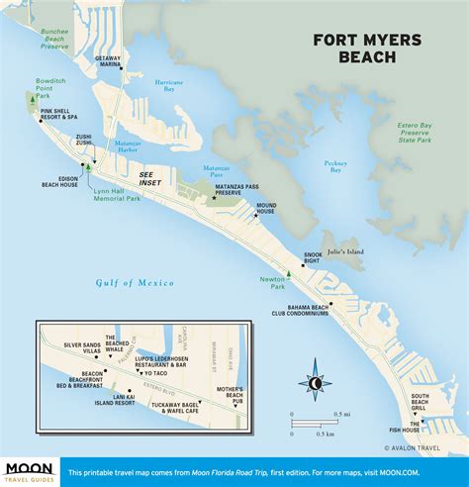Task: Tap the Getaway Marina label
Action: [108, 61]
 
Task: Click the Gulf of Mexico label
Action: [135, 283]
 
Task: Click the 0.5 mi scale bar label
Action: [342, 413]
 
